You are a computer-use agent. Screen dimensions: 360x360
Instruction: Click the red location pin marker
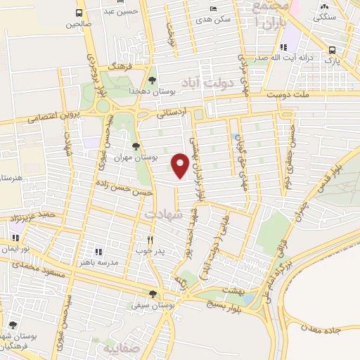point(180,165)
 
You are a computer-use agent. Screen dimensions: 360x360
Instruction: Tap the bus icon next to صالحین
point(79,13)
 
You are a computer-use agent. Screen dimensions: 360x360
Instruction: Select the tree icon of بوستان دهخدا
point(153,80)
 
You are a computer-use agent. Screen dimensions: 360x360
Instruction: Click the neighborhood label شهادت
point(163,212)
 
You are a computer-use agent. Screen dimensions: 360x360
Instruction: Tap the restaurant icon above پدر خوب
point(150,239)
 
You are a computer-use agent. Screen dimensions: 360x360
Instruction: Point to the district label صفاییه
point(117,349)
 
